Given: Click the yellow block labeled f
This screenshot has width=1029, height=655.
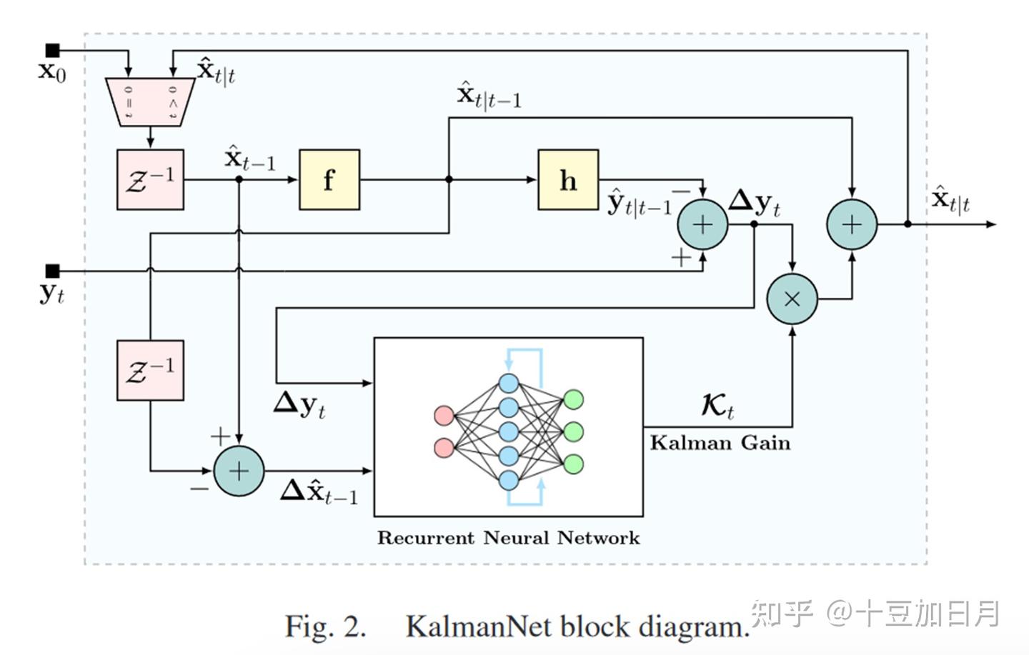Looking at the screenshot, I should click(x=329, y=180).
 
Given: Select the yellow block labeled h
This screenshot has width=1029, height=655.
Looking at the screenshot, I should click(x=568, y=180).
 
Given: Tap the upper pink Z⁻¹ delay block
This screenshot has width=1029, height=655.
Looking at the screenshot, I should click(x=150, y=179).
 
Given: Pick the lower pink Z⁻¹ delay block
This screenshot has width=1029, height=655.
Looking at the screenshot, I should click(x=150, y=370).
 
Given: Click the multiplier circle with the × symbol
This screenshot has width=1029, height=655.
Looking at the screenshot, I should click(x=792, y=299).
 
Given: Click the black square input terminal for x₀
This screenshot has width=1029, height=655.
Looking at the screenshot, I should click(x=52, y=51).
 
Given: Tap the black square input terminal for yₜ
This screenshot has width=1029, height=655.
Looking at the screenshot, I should click(x=52, y=271).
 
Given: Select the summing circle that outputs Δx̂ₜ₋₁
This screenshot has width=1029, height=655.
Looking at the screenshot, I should click(x=239, y=471).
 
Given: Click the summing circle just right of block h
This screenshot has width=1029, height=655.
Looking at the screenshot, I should click(x=702, y=224).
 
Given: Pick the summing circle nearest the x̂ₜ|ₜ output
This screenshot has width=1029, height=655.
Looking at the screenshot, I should click(x=852, y=224).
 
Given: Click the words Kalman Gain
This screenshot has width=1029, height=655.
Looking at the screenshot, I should click(x=720, y=443).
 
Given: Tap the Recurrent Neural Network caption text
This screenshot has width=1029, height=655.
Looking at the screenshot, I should click(x=508, y=538).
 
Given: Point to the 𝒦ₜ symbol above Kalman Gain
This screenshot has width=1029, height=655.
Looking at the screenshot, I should click(x=717, y=406).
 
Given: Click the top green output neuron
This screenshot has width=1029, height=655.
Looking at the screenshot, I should click(x=573, y=399).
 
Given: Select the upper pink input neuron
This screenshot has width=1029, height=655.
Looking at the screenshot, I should click(x=444, y=415).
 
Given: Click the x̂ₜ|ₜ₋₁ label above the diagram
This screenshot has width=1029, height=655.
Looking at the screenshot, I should click(x=489, y=96).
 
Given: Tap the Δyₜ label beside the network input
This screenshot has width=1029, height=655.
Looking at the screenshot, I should click(x=299, y=405).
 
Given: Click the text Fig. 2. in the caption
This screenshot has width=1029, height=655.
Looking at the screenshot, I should click(x=325, y=626).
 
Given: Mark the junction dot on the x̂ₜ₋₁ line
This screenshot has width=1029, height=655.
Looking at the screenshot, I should click(x=239, y=179).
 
